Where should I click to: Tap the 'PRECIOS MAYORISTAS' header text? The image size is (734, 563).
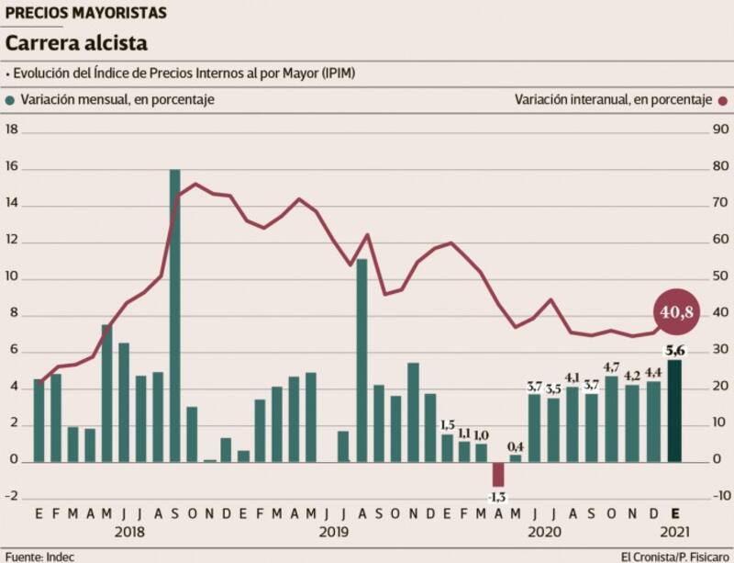[x=86, y=13]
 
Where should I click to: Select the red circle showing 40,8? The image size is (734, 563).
[x=676, y=312]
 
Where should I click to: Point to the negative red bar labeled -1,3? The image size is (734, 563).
[x=498, y=474]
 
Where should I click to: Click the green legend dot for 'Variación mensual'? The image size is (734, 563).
[x=11, y=100]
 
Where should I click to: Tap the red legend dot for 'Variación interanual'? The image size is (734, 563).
[x=723, y=100]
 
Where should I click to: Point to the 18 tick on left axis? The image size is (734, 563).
[x=13, y=129]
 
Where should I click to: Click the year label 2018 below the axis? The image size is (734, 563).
[x=132, y=533]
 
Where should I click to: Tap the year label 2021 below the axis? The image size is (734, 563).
[x=674, y=533]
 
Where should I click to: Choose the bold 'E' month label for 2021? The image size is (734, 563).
[x=674, y=514]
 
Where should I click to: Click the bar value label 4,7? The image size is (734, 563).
[x=611, y=367]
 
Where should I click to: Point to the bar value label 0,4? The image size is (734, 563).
[x=516, y=445]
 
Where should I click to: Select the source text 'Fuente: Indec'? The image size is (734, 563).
[x=39, y=556]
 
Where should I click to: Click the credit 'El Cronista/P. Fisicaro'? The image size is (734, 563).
[x=674, y=556]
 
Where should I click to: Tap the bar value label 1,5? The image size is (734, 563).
[x=447, y=425]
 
